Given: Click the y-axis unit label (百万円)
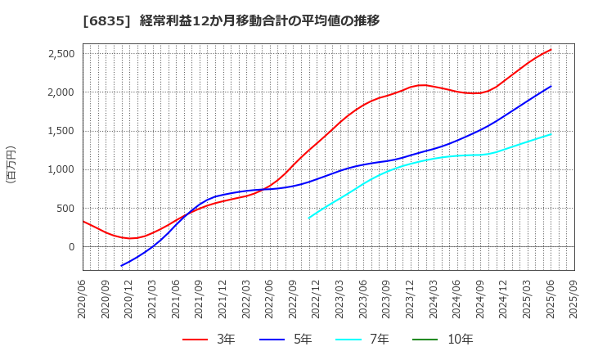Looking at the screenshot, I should tap(11, 164).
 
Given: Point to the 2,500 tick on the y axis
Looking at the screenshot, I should tap(58, 54).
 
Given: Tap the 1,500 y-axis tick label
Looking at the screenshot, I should tap(58, 131).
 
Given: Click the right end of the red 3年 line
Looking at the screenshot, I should tap(551, 50).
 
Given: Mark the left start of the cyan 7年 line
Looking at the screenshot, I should tap(309, 218).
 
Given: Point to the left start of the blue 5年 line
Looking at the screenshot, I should tap(122, 266).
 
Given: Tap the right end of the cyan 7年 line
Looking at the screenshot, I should tap(551, 134).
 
